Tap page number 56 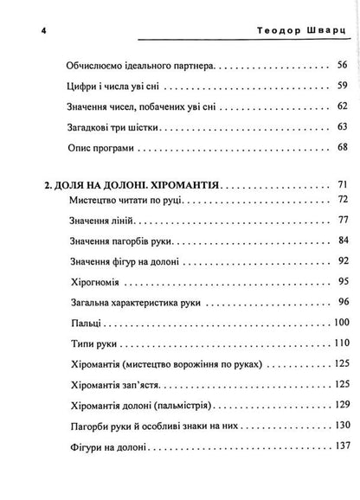[x=340, y=66]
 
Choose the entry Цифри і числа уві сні [x=112, y=86]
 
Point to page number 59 [x=340, y=86]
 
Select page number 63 [x=340, y=126]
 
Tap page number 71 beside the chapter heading [x=340, y=186]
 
